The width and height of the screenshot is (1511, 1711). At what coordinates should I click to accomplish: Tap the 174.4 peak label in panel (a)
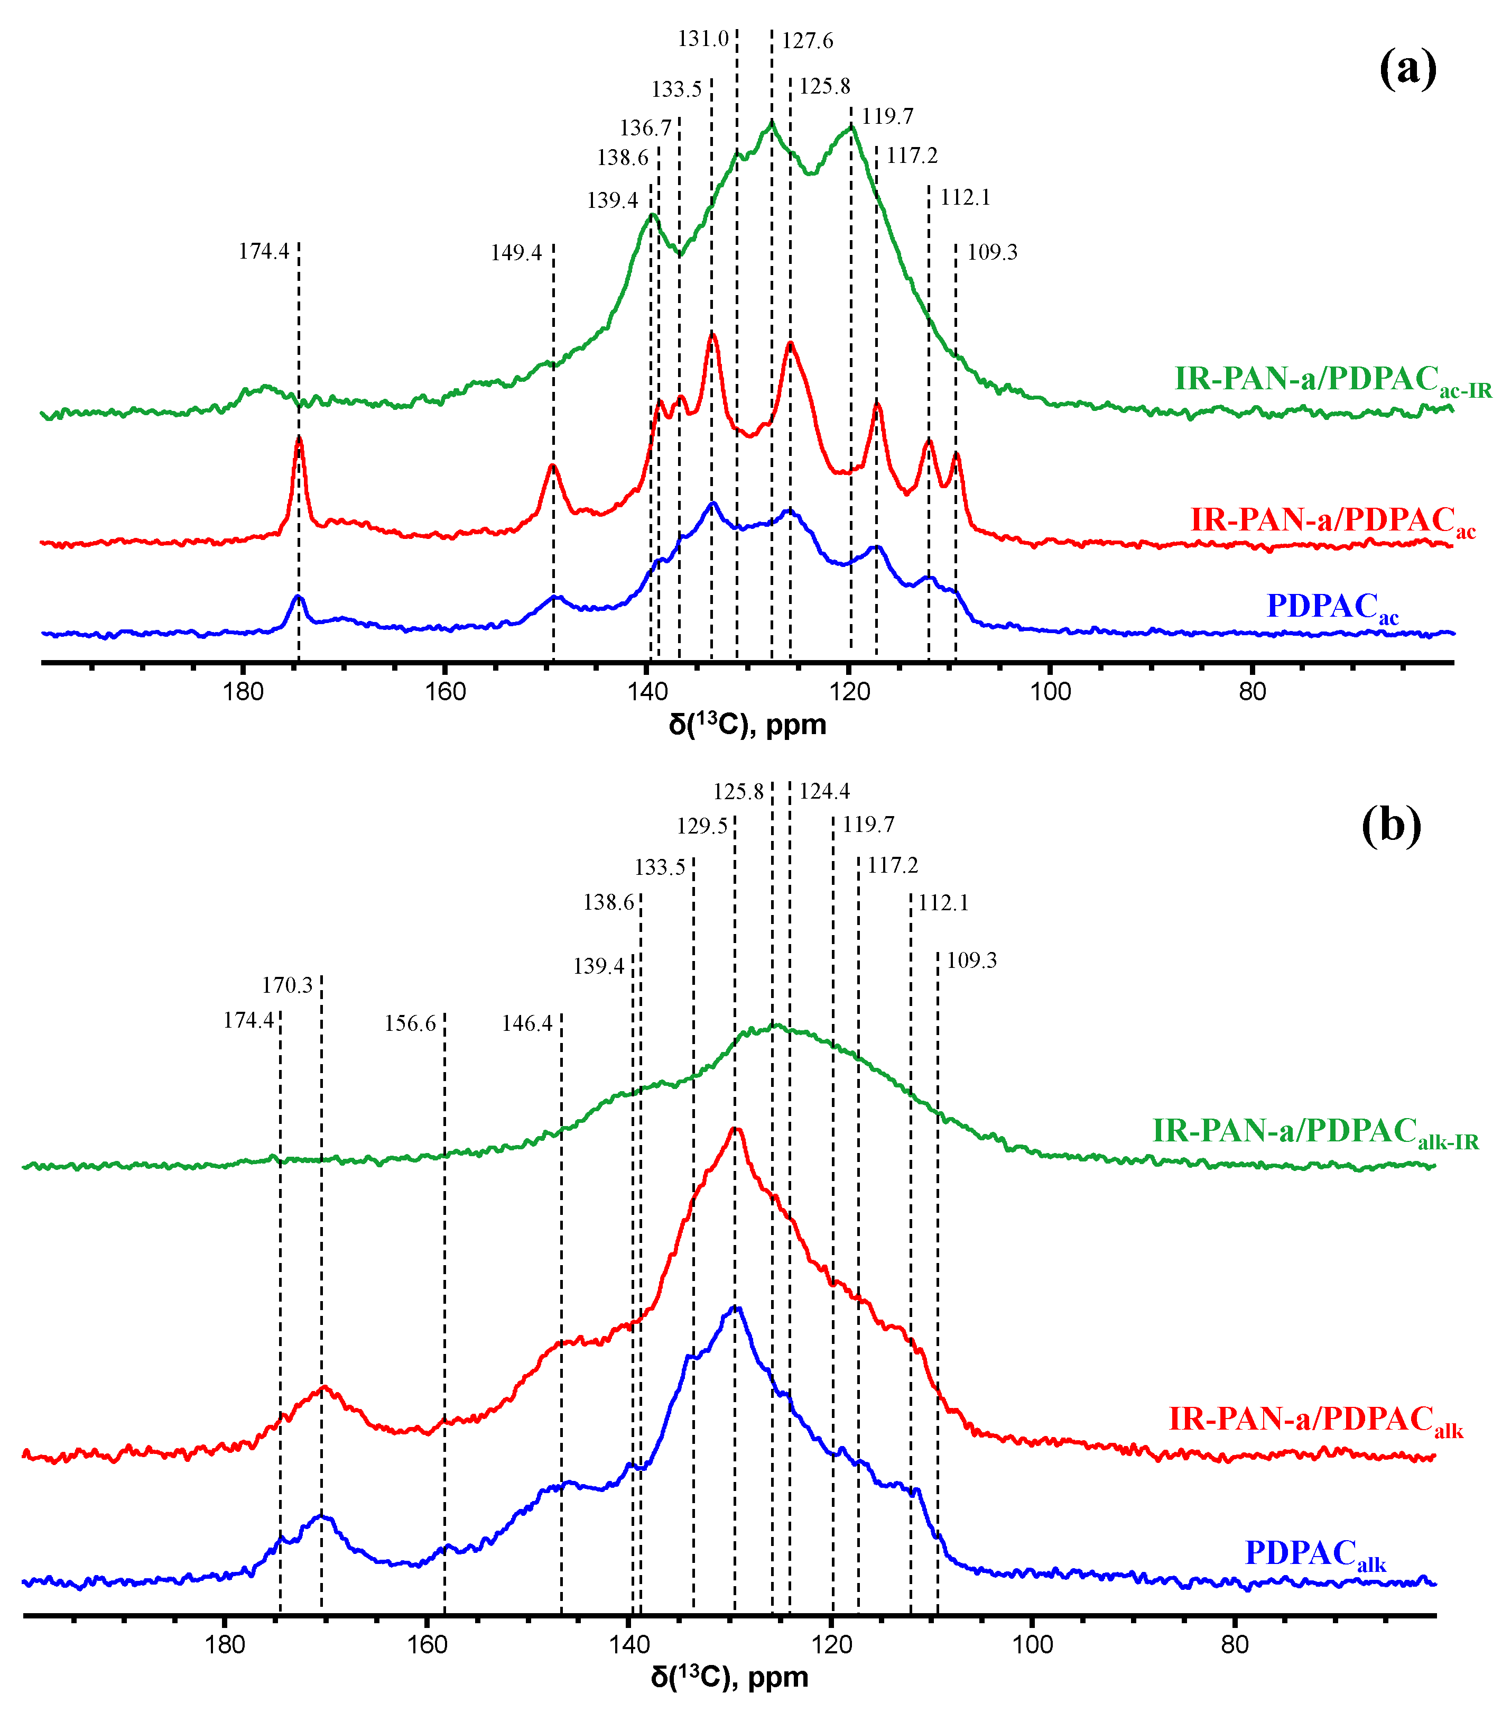[x=264, y=251]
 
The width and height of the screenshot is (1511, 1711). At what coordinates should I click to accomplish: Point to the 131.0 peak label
[x=703, y=39]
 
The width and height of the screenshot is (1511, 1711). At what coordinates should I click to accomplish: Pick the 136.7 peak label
[x=645, y=128]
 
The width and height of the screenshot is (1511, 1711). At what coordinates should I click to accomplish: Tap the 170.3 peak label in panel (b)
[x=287, y=985]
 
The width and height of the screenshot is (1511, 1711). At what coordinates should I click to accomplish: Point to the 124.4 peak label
[x=824, y=791]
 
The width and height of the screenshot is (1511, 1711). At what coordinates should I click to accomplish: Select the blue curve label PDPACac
[x=1332, y=607]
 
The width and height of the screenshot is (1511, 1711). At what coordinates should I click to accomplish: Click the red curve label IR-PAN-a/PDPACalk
[x=1315, y=1420]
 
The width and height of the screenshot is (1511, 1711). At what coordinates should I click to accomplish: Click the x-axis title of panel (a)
[x=747, y=725]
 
